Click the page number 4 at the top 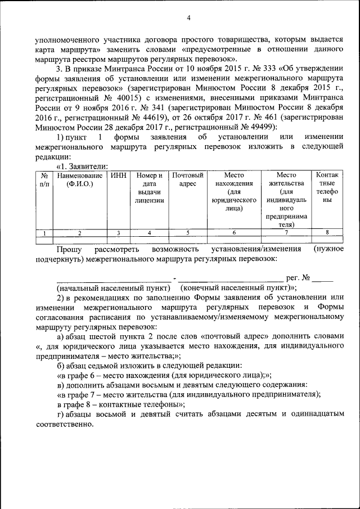pos(189,18)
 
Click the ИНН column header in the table pos(118,175)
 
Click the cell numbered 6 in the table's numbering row pos(233,232)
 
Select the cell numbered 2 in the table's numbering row pos(79,232)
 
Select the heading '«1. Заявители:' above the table pos(82,166)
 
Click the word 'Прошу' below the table pos(69,249)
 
